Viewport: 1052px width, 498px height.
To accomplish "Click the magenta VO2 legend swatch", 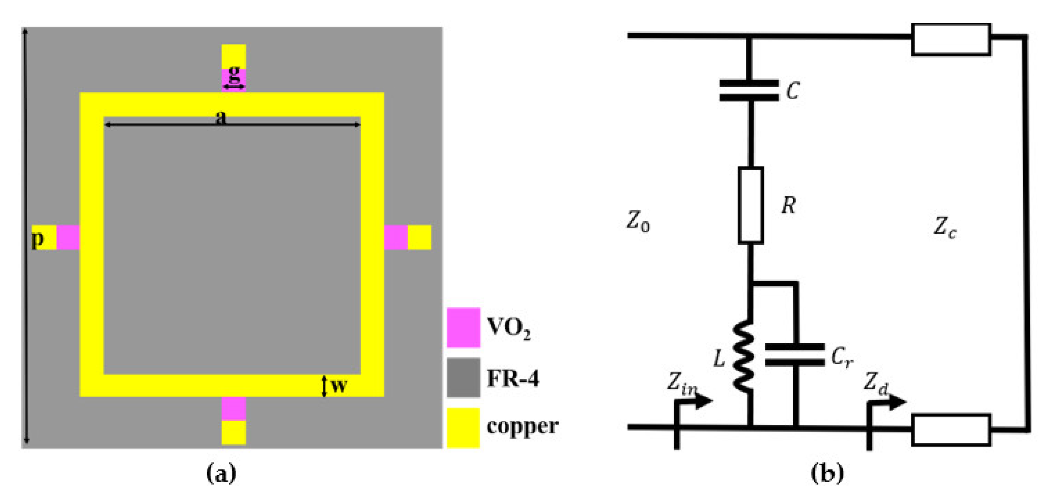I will [x=463, y=327].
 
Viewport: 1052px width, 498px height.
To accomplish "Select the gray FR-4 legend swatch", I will [x=463, y=377].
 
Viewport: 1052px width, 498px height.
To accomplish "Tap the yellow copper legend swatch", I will [x=463, y=427].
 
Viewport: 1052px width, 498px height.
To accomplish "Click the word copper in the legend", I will [x=522, y=427].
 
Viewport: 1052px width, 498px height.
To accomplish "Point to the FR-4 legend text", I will [x=513, y=378].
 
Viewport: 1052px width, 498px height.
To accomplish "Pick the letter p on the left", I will [x=38, y=238].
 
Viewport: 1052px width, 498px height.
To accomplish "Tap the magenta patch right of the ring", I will [x=396, y=237].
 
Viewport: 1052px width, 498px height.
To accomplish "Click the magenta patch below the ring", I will [x=234, y=408].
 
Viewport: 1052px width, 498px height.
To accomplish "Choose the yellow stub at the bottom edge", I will [x=234, y=432].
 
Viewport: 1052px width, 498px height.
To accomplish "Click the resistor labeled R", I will [x=751, y=205].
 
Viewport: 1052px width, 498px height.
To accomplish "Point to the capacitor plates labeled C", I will [x=749, y=90].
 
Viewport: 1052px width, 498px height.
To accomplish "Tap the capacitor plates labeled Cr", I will [x=795, y=355].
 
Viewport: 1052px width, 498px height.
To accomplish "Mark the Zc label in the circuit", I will [x=945, y=227].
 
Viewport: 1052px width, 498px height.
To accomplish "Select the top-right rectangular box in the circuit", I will [x=951, y=39].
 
